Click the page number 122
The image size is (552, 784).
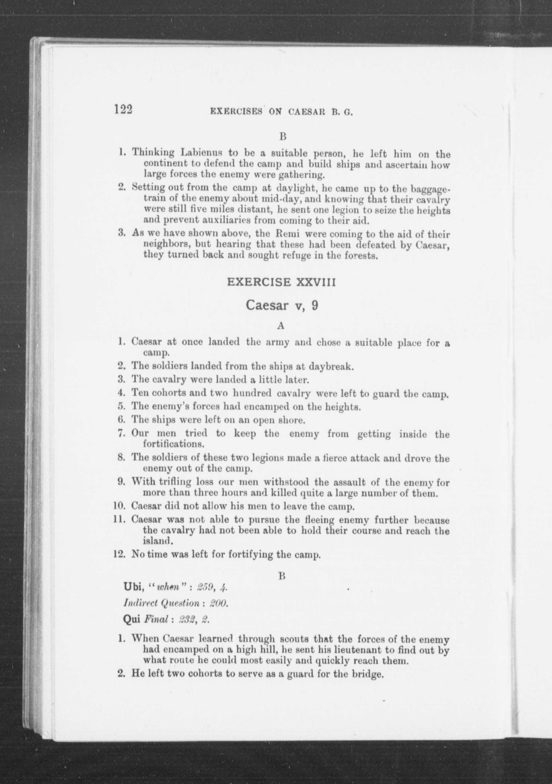click(x=123, y=110)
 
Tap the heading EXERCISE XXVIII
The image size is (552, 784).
click(x=281, y=282)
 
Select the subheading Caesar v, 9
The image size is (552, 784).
click(x=282, y=305)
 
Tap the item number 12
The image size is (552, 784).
click(x=120, y=554)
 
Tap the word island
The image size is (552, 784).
click(x=156, y=541)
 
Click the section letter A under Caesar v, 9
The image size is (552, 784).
click(x=281, y=326)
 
